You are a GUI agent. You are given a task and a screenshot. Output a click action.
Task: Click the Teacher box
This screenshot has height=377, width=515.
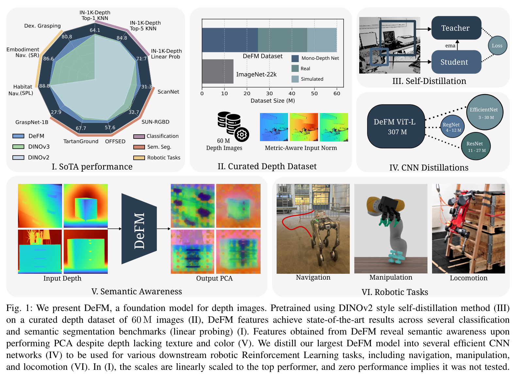(x=456, y=28)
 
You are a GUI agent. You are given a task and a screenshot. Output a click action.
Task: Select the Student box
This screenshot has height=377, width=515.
(x=456, y=62)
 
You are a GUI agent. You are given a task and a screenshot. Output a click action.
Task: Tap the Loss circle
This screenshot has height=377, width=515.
(x=497, y=45)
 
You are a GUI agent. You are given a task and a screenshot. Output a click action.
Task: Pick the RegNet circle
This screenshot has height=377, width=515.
(x=453, y=126)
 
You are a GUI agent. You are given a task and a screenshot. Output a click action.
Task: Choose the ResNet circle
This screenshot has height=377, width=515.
(x=476, y=146)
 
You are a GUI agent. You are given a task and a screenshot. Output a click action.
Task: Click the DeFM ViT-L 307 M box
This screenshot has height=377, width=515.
(x=396, y=126)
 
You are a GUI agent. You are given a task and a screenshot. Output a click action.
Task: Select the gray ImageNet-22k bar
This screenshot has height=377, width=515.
(x=217, y=72)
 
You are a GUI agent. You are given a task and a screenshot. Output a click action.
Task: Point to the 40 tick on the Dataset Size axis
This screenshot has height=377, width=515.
(x=292, y=93)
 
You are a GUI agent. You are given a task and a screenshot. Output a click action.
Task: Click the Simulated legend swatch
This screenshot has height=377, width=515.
(x=295, y=79)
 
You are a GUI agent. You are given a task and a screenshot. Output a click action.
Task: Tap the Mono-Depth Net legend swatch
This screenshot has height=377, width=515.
(x=295, y=58)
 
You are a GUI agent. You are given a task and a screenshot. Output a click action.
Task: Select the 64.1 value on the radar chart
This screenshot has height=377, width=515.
(x=95, y=30)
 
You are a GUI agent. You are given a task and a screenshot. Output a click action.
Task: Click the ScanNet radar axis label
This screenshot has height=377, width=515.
(x=168, y=92)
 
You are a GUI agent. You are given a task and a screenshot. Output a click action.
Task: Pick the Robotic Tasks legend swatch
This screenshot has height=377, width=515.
(x=139, y=158)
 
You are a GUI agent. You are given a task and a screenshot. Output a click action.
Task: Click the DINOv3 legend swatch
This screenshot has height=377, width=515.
(x=18, y=147)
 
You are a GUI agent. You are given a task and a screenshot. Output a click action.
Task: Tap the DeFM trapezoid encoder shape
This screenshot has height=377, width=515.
(x=139, y=229)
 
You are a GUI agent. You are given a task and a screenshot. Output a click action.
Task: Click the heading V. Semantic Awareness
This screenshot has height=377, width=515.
(x=137, y=291)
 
